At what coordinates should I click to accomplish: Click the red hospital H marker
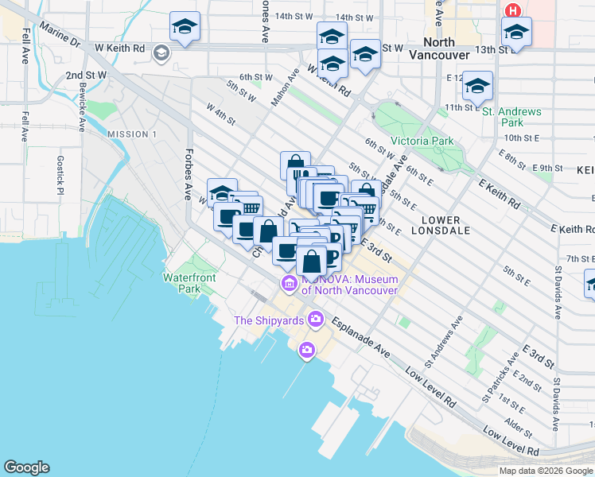(x=513, y=11)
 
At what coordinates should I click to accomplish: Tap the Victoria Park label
(x=422, y=141)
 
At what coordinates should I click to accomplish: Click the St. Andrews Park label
(x=513, y=117)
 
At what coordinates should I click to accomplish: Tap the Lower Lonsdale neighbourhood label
(x=436, y=225)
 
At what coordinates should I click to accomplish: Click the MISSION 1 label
(x=132, y=134)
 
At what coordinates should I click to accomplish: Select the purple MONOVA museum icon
(x=288, y=284)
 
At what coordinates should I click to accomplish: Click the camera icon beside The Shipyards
(x=317, y=320)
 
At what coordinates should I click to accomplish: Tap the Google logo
(x=26, y=467)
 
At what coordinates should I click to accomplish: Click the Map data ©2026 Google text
(x=546, y=471)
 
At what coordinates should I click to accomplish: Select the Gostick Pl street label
(x=60, y=174)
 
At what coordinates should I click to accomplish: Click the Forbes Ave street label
(x=189, y=174)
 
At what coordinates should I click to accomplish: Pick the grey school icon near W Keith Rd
(x=161, y=53)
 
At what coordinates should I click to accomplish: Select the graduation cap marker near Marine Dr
(x=185, y=26)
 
